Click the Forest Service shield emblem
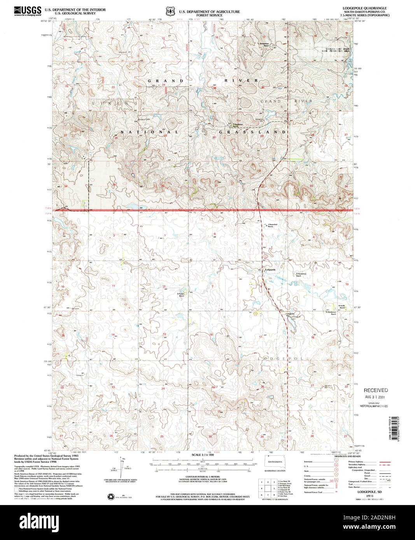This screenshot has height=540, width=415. click(170, 12)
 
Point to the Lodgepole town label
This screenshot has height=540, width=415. click(270, 269)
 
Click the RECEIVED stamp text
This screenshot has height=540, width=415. click(375, 390)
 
